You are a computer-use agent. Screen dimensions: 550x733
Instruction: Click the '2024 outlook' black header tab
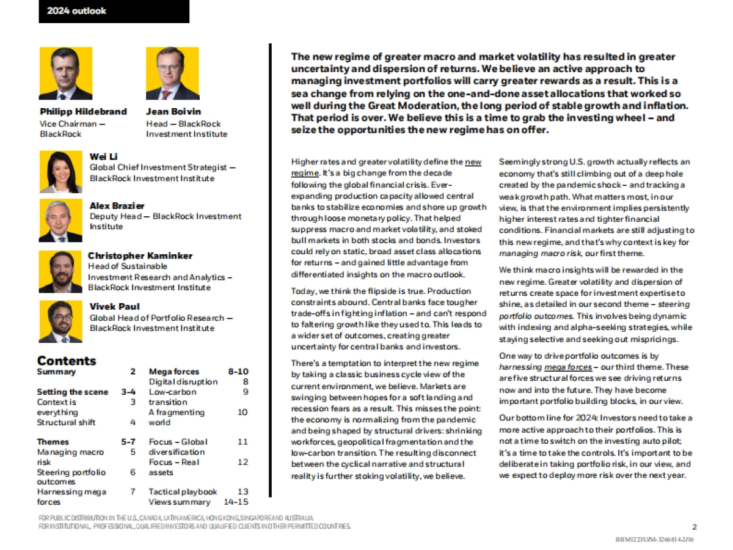(114, 11)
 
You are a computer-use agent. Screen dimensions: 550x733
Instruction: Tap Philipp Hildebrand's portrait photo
(65, 73)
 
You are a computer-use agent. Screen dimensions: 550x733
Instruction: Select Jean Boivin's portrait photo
(172, 73)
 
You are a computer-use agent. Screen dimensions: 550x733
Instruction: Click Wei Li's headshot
(60, 172)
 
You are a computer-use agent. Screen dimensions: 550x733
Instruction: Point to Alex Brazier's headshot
(60, 220)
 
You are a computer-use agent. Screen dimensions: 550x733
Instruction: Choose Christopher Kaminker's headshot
(60, 271)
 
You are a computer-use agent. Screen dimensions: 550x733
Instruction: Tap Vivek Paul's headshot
(60, 321)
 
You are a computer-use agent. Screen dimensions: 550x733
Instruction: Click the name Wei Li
(103, 157)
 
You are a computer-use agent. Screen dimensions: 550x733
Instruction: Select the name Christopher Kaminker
(140, 255)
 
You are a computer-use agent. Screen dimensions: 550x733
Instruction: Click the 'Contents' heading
(67, 361)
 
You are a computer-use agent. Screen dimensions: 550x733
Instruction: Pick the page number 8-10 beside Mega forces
(238, 371)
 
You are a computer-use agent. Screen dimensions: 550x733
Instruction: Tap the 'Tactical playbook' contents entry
(183, 491)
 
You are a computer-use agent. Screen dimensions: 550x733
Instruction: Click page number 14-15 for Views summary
(236, 502)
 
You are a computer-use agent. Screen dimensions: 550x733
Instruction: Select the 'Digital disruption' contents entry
(183, 381)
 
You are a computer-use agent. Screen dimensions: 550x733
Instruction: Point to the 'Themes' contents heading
(53, 441)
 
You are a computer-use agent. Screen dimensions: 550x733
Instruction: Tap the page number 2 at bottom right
(695, 526)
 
